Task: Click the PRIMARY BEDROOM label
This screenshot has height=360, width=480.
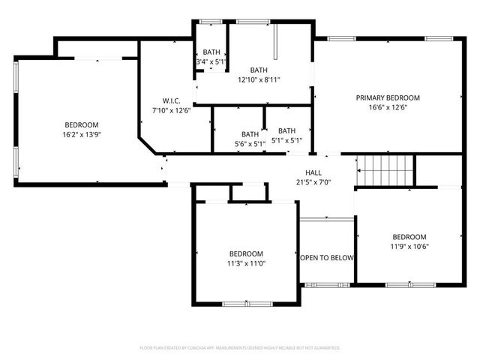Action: (x=388, y=97)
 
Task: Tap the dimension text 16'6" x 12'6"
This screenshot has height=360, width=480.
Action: (x=388, y=107)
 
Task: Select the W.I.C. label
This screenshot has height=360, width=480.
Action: (x=172, y=100)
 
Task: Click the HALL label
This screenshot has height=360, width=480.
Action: (x=313, y=172)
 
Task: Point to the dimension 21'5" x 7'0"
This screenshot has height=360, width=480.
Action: (x=313, y=182)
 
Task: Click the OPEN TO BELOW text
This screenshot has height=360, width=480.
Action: (x=327, y=258)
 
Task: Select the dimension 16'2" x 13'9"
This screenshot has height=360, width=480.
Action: (x=81, y=134)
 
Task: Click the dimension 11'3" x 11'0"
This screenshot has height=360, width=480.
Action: (x=246, y=263)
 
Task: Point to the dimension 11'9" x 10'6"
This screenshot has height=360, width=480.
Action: (x=409, y=246)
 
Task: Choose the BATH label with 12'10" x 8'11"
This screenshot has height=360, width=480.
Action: (x=259, y=70)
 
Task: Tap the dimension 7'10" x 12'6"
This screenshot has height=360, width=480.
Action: (x=172, y=110)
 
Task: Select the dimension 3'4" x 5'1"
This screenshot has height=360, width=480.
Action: (x=211, y=61)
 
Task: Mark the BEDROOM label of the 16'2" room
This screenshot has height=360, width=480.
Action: (x=81, y=124)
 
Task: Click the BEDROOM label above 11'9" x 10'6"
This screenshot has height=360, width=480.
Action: (x=409, y=236)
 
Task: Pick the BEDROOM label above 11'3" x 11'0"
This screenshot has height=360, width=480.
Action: (x=246, y=253)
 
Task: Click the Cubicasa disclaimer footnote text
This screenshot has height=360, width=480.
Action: (x=240, y=348)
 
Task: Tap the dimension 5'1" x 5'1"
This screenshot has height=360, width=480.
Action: (x=286, y=139)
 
